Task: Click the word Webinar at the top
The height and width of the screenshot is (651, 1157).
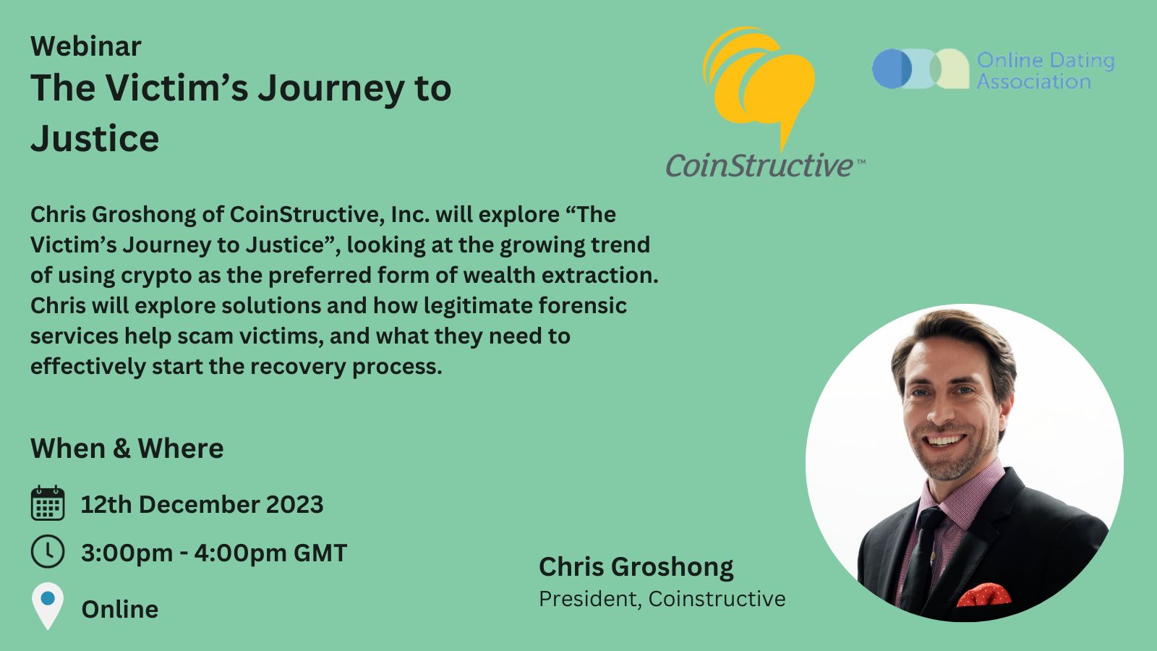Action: [x=86, y=46]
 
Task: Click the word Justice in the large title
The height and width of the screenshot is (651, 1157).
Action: [x=95, y=138]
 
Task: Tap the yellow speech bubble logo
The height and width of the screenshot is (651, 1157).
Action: [x=759, y=85]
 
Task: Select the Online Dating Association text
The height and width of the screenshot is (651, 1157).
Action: [x=1046, y=71]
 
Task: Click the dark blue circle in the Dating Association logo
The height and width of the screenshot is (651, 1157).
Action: [x=892, y=69]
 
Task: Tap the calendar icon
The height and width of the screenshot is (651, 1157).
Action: [x=48, y=503]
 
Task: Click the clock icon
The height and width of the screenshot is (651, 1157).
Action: [x=48, y=551]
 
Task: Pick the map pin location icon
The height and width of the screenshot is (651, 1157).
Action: [x=48, y=606]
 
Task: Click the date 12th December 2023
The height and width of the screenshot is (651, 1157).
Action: [x=202, y=504]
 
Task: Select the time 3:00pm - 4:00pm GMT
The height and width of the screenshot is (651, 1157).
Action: [x=214, y=553]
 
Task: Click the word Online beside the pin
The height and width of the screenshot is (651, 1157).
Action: [x=120, y=609]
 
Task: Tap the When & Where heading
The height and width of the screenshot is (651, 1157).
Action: [x=127, y=448]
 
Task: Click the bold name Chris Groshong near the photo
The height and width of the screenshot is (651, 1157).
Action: [x=636, y=567]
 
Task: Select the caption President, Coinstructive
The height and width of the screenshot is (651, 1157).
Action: [x=662, y=599]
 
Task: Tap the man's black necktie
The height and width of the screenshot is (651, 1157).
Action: [x=925, y=558]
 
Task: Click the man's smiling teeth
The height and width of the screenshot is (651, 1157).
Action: [x=944, y=441]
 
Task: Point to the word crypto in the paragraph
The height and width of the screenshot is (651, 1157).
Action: [x=156, y=276]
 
